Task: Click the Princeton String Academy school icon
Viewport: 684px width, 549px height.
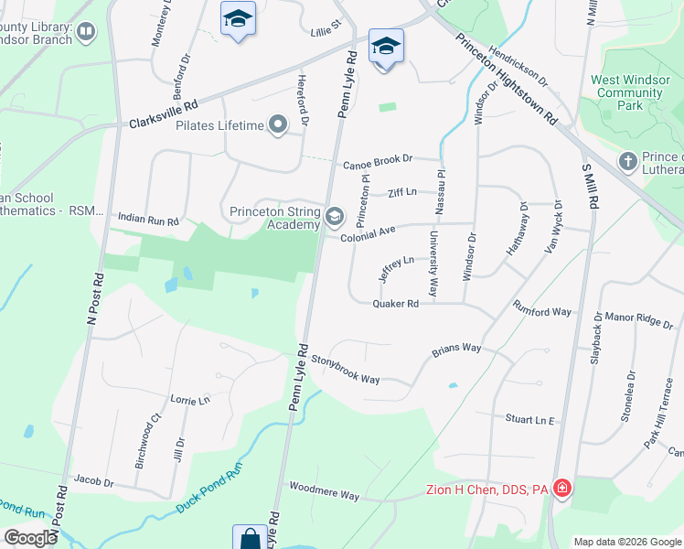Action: (x=335, y=217)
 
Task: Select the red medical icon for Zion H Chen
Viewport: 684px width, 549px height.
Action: (x=561, y=490)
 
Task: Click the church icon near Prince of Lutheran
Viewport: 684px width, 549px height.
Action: (x=627, y=162)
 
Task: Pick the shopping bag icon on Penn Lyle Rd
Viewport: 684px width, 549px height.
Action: (x=250, y=538)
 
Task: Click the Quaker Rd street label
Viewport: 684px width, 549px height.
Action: (x=395, y=304)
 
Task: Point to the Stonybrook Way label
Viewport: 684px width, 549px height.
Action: (x=345, y=369)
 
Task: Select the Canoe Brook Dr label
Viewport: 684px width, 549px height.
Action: (x=379, y=166)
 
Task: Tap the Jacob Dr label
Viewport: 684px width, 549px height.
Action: (x=93, y=481)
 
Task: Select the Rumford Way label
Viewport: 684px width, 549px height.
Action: (x=541, y=310)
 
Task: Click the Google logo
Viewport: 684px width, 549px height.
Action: (x=31, y=537)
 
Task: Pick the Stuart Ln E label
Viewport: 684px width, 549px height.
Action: (x=530, y=419)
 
